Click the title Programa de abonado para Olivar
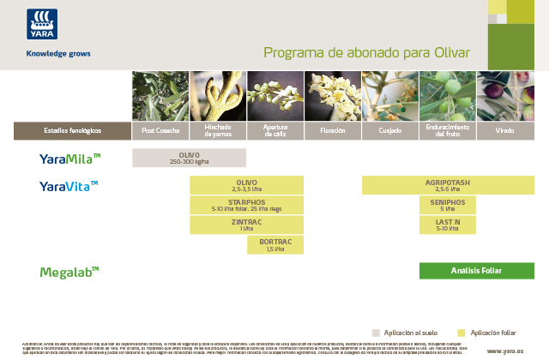click(366, 52)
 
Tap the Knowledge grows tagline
click(58, 53)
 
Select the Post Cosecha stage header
click(160, 131)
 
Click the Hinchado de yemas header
click(217, 131)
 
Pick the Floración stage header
click(332, 131)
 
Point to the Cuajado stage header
click(389, 131)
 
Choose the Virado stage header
click(505, 131)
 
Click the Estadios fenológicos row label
click(72, 131)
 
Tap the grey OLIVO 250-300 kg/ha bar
click(189, 158)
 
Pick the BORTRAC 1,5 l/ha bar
click(274, 245)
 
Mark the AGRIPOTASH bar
click(447, 185)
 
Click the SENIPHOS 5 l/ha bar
click(447, 205)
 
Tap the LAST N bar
click(447, 225)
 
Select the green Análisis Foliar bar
click(476, 271)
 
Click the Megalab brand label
click(69, 272)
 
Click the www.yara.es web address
click(505, 351)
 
